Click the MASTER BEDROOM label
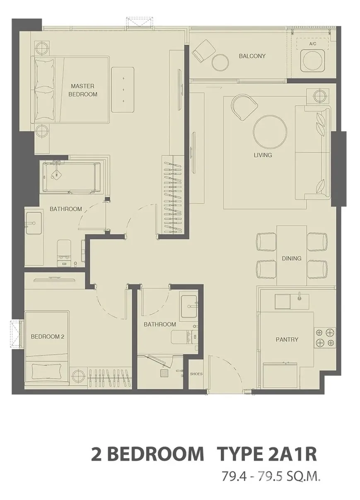83,90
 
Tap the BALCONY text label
252,56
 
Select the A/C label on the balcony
313,44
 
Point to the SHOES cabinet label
196,374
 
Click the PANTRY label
287,340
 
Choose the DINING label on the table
292,258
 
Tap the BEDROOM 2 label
48,336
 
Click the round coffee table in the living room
270,132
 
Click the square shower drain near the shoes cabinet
164,373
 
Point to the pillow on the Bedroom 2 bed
46,371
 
